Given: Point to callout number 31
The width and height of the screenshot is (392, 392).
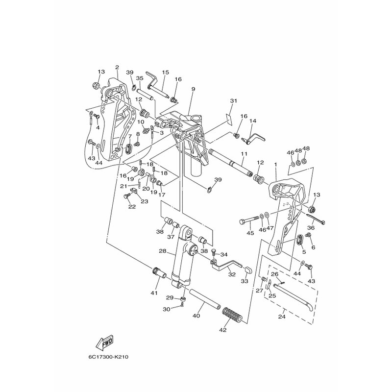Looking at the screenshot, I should [233, 101].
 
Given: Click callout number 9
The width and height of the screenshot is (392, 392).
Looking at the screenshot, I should [180, 89].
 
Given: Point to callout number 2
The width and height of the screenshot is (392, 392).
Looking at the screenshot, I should [117, 67].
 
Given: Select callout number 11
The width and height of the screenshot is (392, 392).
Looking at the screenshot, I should [243, 154].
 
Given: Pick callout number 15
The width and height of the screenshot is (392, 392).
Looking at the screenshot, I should [165, 72].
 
